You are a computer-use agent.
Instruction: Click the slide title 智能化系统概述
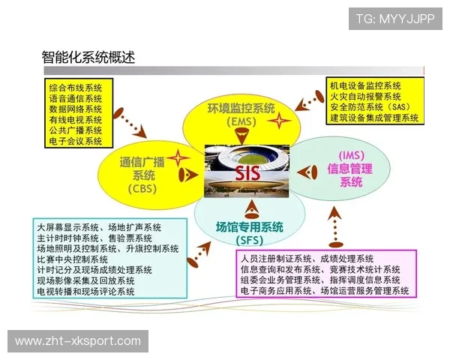88,57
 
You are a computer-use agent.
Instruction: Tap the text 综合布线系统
76,88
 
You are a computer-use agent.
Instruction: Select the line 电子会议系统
76,140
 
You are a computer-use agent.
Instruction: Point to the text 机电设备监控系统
365,85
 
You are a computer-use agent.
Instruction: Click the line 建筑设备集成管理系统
373,118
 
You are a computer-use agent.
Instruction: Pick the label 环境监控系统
241,109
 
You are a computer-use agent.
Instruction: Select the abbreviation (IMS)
351,155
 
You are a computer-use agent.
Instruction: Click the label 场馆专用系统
250,226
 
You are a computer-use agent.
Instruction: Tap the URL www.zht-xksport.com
78,341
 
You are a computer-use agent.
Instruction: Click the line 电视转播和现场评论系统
86,291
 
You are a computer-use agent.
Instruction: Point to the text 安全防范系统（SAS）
366,107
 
